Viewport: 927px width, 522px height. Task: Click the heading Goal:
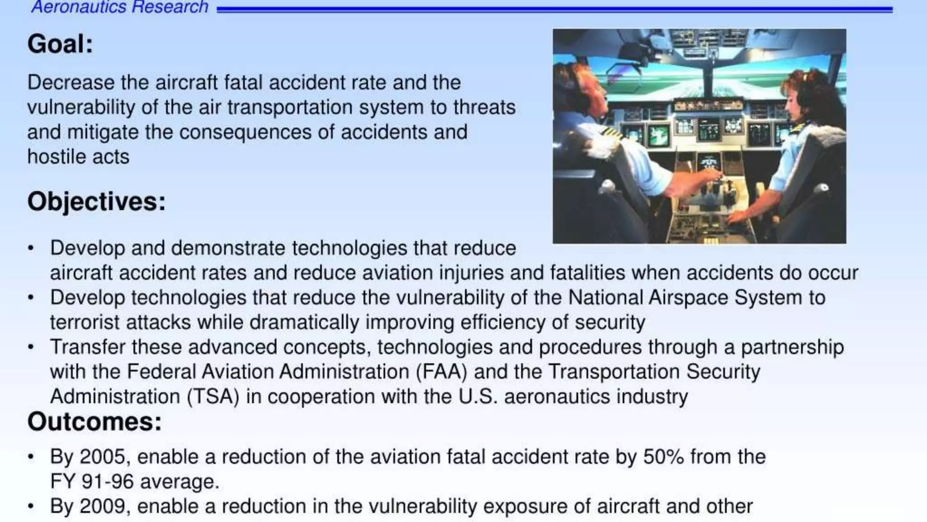[60, 44]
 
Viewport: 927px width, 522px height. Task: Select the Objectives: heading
[96, 202]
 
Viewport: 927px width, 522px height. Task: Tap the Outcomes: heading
[94, 422]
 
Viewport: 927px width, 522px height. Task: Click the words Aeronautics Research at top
[119, 7]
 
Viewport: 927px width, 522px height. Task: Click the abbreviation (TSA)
[213, 397]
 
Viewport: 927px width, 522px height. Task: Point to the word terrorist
[84, 323]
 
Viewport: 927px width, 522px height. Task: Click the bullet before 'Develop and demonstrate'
[31, 248]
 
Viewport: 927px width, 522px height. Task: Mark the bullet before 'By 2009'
[31, 507]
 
